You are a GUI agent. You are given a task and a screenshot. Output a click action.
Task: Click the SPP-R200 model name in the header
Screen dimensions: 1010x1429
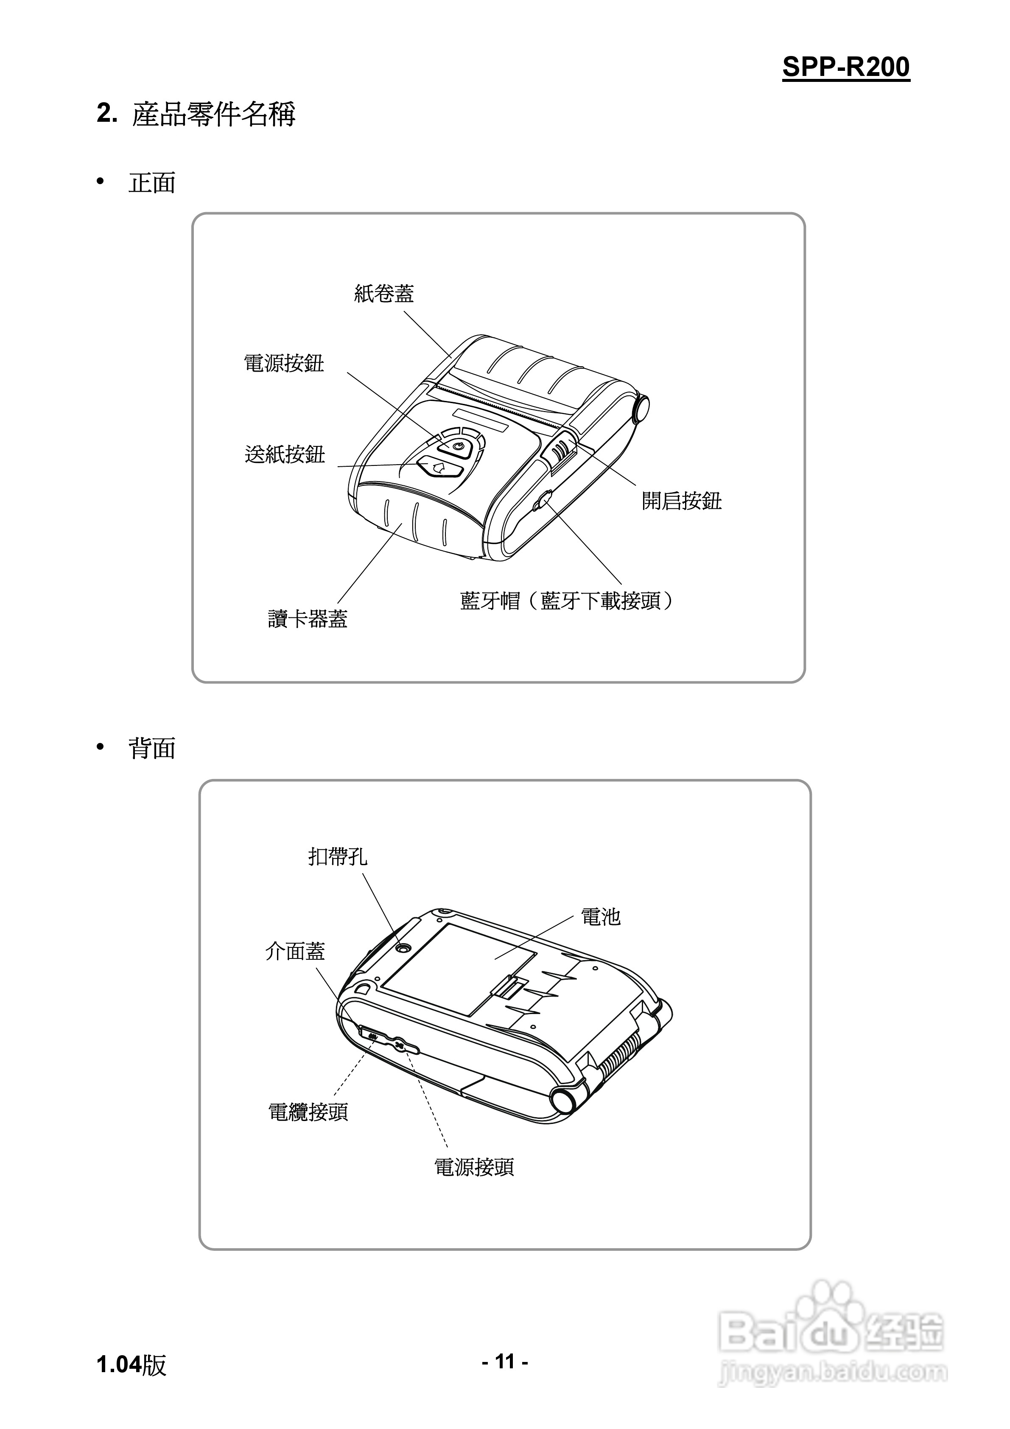846,67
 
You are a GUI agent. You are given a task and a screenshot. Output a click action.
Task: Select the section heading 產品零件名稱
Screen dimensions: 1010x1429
213,115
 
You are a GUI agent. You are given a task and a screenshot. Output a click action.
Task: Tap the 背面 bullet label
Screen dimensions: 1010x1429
152,748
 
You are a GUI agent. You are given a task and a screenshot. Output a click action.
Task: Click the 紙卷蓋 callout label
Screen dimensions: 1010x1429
384,294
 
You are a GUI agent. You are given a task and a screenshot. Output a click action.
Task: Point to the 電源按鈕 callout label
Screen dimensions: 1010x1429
284,364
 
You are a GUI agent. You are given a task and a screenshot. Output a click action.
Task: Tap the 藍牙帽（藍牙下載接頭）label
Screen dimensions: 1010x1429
566,601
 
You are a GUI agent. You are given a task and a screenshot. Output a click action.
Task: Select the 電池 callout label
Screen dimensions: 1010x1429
601,917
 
